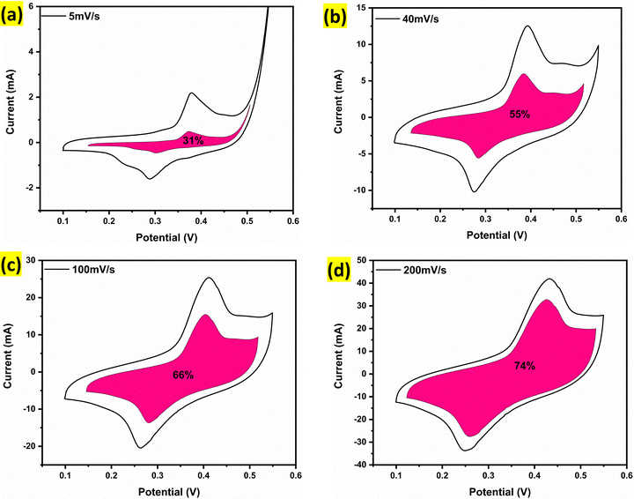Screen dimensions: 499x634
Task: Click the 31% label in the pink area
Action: coord(193,140)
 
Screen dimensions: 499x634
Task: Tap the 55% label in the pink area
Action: coord(520,114)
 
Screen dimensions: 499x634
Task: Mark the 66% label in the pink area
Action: coord(183,375)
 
